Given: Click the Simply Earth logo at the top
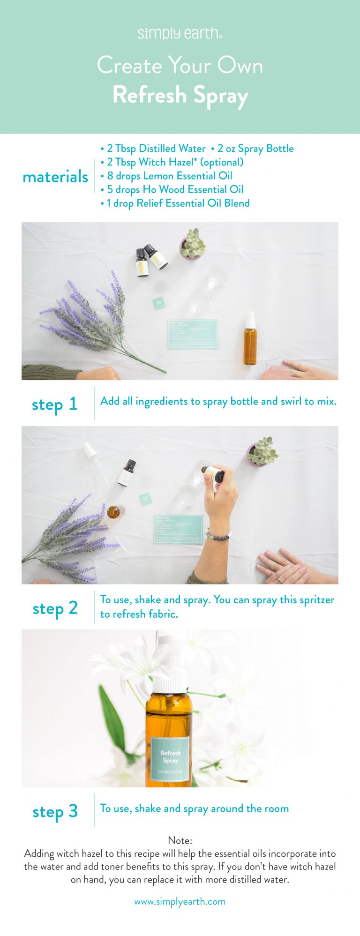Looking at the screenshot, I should [180, 34].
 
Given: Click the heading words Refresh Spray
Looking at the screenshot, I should [180, 95].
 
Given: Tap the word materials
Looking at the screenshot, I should [55, 177].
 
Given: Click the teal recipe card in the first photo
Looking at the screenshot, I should [192, 334].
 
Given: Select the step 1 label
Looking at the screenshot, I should [54, 404].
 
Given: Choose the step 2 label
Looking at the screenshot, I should [55, 608].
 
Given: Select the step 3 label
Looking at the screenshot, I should [55, 811].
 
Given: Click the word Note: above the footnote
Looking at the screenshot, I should [180, 840].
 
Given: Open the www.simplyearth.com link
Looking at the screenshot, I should [180, 901].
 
